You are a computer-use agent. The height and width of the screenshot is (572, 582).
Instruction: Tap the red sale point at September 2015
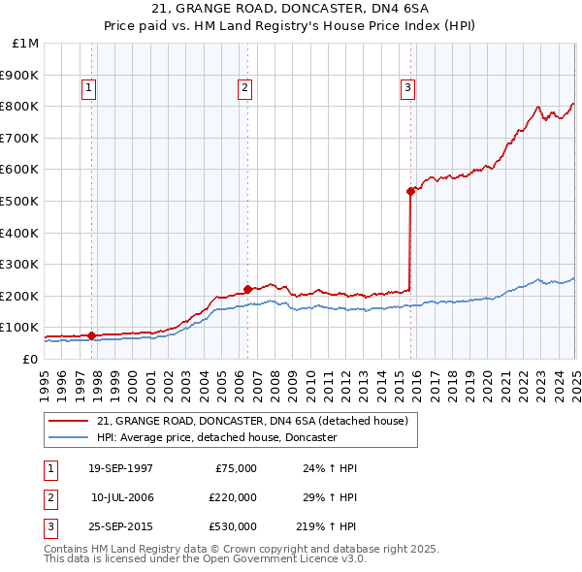[410, 191]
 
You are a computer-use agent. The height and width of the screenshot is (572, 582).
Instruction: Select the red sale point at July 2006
[247, 289]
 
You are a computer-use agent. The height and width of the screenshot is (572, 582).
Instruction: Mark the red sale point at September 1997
[92, 335]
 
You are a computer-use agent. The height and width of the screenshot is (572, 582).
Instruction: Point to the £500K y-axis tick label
[19, 201]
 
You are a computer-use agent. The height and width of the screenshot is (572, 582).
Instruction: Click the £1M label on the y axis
[25, 43]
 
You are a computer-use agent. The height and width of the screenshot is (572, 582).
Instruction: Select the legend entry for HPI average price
[215, 437]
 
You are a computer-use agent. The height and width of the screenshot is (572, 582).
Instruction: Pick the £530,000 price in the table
[233, 528]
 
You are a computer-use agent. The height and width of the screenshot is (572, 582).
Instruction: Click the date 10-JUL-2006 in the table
[121, 498]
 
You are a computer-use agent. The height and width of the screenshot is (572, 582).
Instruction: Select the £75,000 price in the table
[236, 468]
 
